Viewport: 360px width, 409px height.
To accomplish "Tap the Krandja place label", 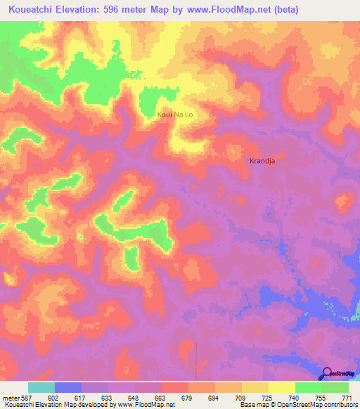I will tap(262, 160).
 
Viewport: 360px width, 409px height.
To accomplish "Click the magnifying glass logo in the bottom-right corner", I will tap(326, 373).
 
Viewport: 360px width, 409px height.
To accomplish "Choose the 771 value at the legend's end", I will tap(346, 398).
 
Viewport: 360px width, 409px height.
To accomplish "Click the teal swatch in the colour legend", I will tap(41, 387).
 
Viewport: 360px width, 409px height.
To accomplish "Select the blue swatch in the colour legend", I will tap(68, 387).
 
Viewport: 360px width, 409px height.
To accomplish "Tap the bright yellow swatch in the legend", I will tap(282, 387).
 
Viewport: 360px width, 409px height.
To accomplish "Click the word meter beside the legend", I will tap(10, 398).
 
